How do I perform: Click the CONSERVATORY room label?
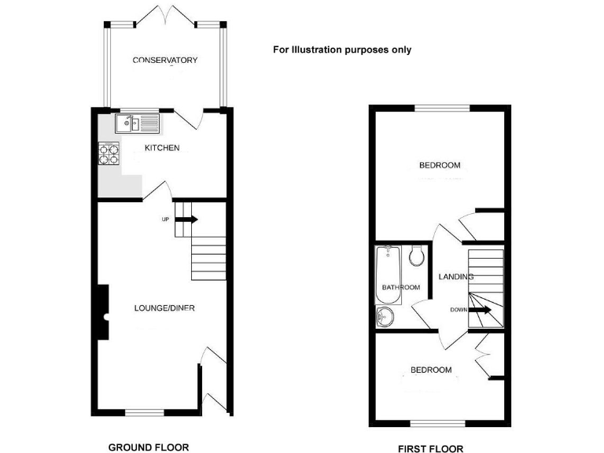click(x=164, y=61)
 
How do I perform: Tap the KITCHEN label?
click(x=163, y=148)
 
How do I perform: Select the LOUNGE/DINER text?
click(x=164, y=308)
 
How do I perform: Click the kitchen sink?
click(x=136, y=123)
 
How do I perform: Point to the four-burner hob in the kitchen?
click(x=109, y=153)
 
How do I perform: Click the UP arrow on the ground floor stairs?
click(x=188, y=219)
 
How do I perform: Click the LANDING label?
click(x=455, y=277)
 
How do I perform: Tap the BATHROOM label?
click(x=401, y=288)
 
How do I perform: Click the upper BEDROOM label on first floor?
click(x=439, y=165)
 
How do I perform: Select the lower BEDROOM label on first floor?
click(x=431, y=370)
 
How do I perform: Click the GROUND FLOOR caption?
click(x=149, y=447)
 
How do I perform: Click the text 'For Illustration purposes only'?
click(x=342, y=50)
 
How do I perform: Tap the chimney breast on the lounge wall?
click(x=101, y=311)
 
